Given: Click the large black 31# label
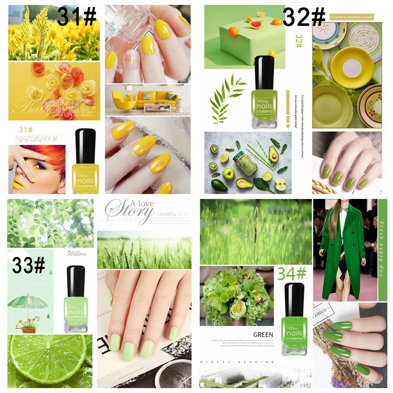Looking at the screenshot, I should coord(77,16).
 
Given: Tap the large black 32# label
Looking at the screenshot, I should coord(304,17).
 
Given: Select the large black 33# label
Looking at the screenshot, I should coord(28,266).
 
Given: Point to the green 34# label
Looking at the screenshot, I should coord(292,274).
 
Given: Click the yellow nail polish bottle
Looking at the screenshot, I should coord(85,162).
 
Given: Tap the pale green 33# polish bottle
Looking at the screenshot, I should coord(76,300).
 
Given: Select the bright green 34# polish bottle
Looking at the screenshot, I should coord(294,319).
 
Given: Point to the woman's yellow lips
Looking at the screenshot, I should coord(18,183).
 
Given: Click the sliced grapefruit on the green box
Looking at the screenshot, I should coord(255,24).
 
